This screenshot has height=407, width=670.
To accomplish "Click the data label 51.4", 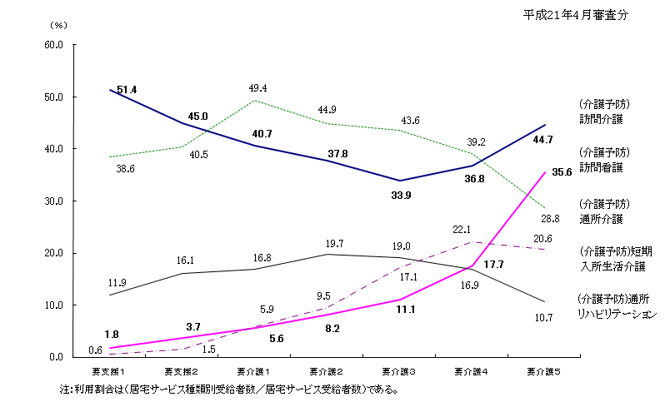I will click(127, 89).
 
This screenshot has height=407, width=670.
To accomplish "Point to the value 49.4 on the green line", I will click(257, 88).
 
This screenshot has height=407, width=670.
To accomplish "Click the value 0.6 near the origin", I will click(96, 350).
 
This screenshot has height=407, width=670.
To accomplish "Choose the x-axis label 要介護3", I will click(401, 369).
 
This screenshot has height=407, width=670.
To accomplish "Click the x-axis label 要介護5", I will click(546, 369).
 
